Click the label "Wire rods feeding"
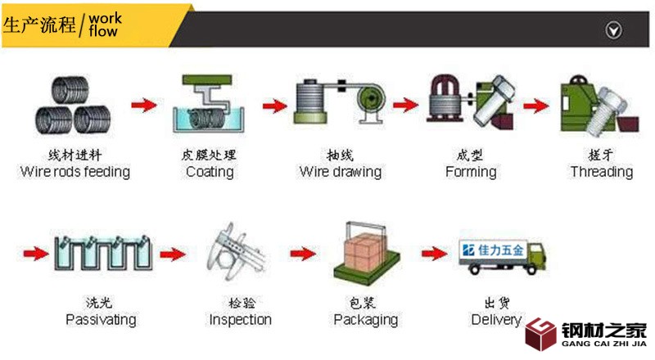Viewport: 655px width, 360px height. pyautogui.click(x=75, y=172)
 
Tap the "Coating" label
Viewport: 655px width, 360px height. pyautogui.click(x=210, y=172)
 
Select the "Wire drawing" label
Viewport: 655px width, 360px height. pyautogui.click(x=341, y=172)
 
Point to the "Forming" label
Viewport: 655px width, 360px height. pyautogui.click(x=471, y=172)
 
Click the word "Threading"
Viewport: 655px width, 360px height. pyautogui.click(x=602, y=172)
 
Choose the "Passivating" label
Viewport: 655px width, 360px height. pyautogui.click(x=101, y=319)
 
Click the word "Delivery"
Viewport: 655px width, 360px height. pyautogui.click(x=496, y=319)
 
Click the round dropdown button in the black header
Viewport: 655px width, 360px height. pyautogui.click(x=612, y=30)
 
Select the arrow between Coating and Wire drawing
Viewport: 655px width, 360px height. pyautogui.click(x=275, y=106)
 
